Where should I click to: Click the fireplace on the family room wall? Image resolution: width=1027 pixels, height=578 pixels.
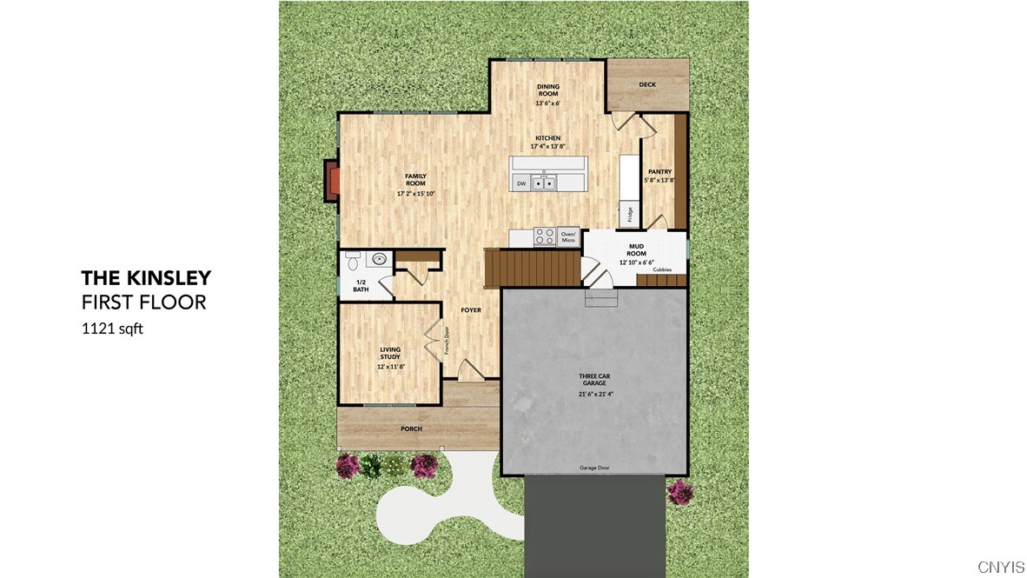pyautogui.click(x=333, y=181)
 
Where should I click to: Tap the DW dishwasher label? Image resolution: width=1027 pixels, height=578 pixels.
pyautogui.click(x=521, y=183)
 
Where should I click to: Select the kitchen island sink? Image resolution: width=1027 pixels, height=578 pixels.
pyautogui.click(x=544, y=183)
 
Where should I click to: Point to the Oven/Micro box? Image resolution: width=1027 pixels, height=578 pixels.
pyautogui.click(x=568, y=236)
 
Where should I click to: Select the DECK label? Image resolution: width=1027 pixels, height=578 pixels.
pyautogui.click(x=647, y=84)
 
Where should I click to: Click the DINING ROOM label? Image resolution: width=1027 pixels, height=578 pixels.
pyautogui.click(x=547, y=90)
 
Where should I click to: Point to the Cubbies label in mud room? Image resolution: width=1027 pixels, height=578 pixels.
pyautogui.click(x=662, y=269)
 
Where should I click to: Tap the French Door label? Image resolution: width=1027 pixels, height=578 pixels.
pyautogui.click(x=447, y=341)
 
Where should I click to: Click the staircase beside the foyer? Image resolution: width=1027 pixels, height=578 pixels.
pyautogui.click(x=530, y=266)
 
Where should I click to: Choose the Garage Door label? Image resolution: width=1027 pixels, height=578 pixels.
pyautogui.click(x=594, y=468)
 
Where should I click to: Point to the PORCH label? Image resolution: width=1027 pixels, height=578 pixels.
pyautogui.click(x=411, y=429)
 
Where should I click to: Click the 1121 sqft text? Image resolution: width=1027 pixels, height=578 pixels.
pyautogui.click(x=111, y=329)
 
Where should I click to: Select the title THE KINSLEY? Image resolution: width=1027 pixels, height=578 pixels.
pyautogui.click(x=146, y=278)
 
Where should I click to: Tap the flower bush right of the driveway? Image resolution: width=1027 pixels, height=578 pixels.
pyautogui.click(x=680, y=492)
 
